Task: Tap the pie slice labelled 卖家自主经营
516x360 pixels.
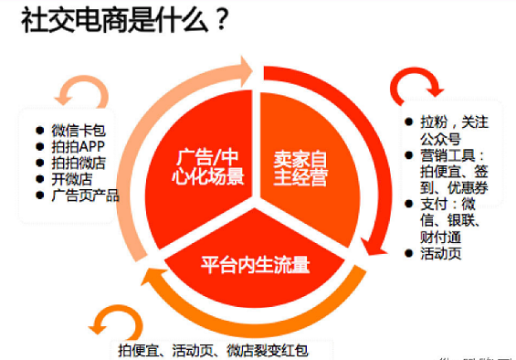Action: (300, 164)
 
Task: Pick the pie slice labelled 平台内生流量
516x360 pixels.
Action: (256, 266)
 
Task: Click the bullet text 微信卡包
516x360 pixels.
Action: (79, 129)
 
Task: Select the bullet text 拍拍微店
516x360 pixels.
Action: (79, 162)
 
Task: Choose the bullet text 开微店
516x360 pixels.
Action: (71, 178)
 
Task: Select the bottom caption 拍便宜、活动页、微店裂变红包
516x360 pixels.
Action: (224, 349)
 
